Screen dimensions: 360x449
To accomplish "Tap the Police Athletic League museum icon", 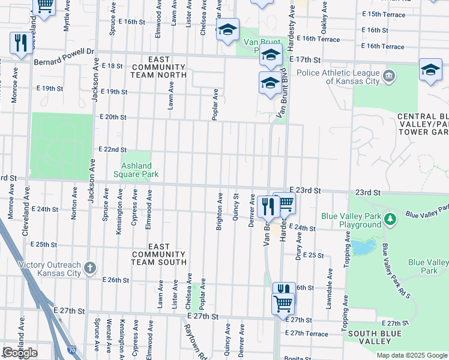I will tap(389, 76).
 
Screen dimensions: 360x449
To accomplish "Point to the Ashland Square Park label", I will tap(136, 170).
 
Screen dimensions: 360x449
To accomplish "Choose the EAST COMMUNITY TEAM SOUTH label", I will tap(158, 254).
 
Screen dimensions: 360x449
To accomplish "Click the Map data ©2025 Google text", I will tap(412, 355).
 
